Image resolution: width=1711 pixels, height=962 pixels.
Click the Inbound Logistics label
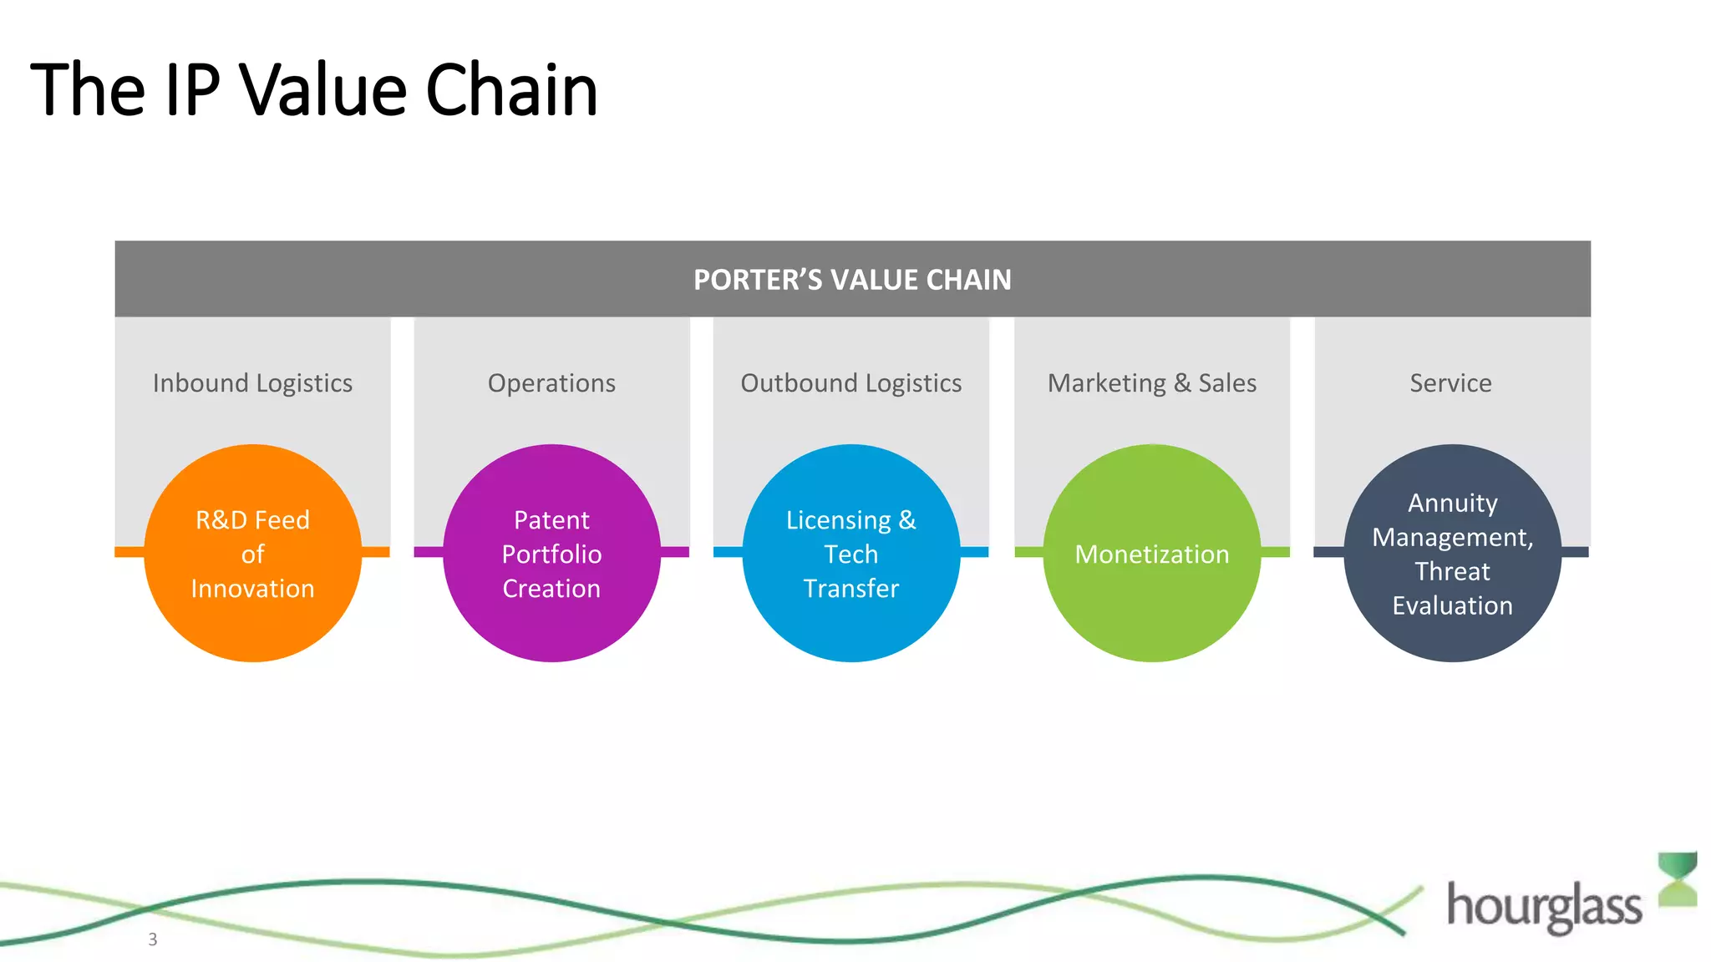pos(252,383)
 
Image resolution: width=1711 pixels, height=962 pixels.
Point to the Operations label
pos(551,383)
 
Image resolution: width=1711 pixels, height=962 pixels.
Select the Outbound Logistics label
pos(850,383)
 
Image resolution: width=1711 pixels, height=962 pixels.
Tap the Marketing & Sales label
pos(1151,383)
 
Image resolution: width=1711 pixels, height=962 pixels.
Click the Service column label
pos(1450,383)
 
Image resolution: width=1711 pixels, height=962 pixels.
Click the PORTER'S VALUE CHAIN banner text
pos(852,280)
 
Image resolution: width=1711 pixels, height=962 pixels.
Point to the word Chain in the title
pos(511,90)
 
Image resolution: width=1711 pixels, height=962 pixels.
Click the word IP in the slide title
pos(193,90)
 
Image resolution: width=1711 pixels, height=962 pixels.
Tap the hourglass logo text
pos(1544,906)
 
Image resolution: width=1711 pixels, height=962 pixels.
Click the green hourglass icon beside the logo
pos(1678,878)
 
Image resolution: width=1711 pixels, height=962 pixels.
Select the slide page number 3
pos(152,939)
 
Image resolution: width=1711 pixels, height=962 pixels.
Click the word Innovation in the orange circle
pos(252,589)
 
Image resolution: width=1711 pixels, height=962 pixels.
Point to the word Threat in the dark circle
pos(1452,572)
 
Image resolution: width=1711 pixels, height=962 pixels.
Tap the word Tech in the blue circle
pos(850,554)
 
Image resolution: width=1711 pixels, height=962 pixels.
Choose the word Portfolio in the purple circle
pos(551,554)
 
